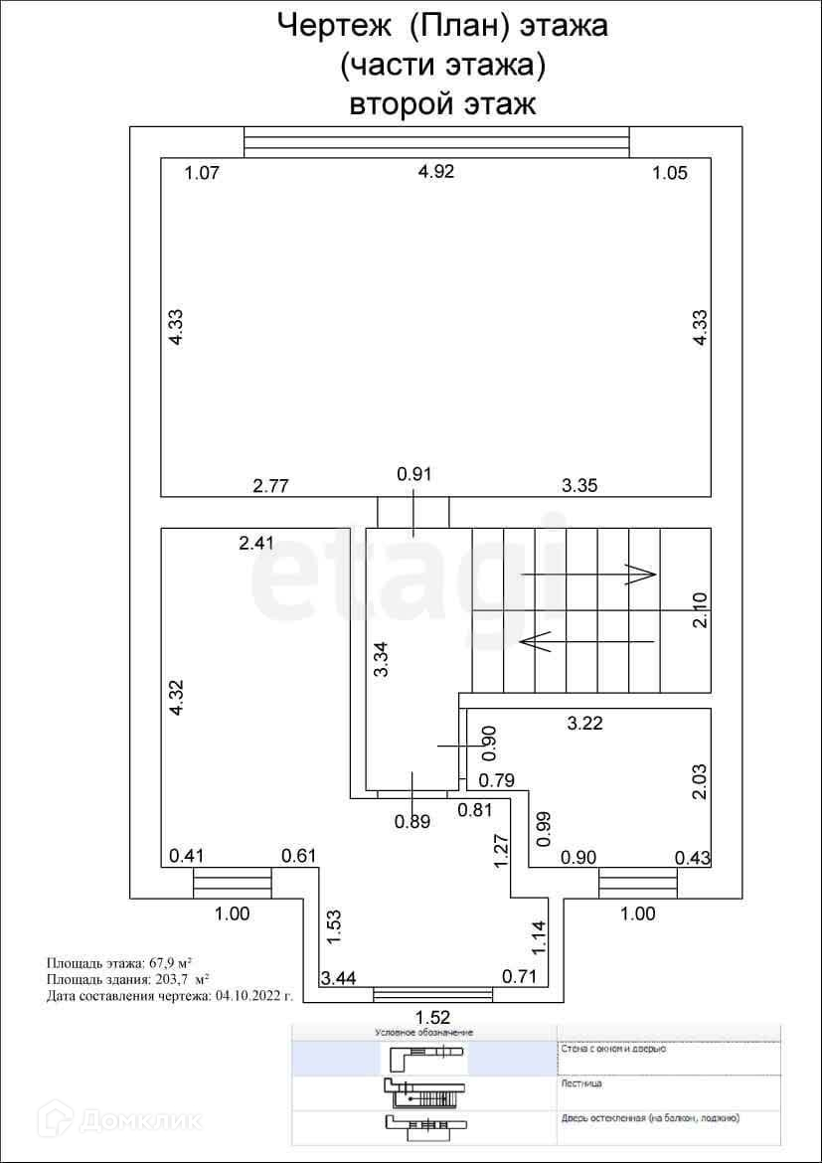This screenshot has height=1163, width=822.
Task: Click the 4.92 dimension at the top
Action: [436, 172]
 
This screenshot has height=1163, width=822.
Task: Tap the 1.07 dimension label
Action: [201, 173]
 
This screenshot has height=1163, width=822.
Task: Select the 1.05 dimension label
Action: [669, 173]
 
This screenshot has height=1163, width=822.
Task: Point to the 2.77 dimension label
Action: [270, 486]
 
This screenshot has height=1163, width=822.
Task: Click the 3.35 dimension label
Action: [580, 486]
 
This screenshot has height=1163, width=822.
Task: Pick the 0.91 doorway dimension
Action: [414, 474]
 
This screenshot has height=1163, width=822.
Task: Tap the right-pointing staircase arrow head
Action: [641, 574]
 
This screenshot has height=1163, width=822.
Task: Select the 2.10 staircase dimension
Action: [701, 609]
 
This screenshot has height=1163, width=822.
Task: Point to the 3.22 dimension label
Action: [584, 724]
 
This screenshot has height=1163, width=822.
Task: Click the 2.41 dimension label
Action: [256, 544]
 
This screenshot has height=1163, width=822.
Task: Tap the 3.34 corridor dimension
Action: [380, 659]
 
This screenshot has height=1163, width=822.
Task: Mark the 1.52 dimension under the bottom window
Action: [433, 1017]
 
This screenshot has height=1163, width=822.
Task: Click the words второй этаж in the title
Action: [442, 103]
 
